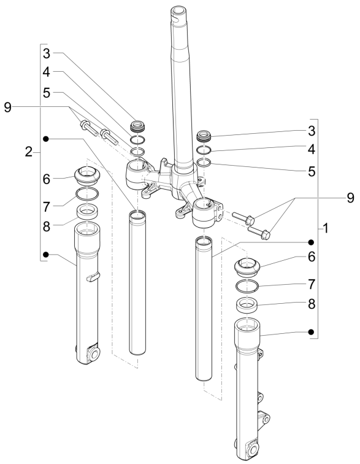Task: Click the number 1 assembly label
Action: coord(326,228)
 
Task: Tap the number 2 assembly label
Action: coord(28,152)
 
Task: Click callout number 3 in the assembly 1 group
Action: coord(312,131)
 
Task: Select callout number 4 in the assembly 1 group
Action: coord(312,149)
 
